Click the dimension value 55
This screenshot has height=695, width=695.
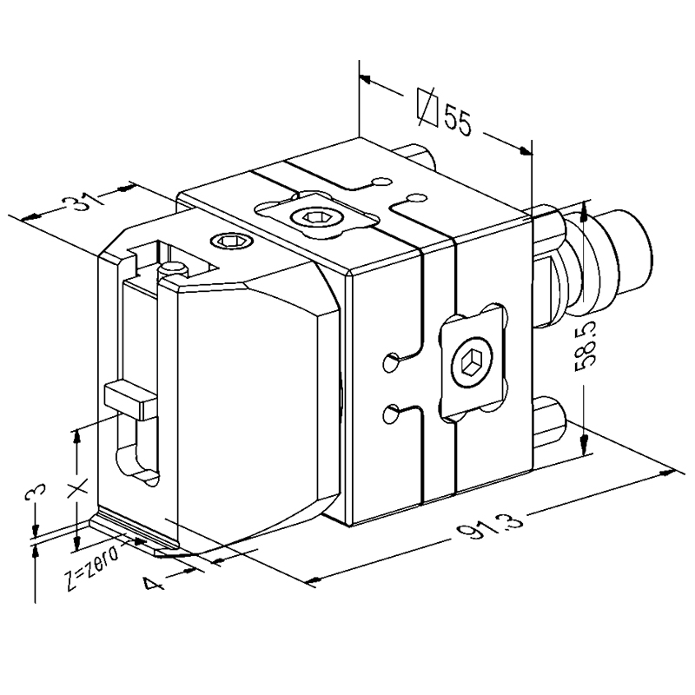(x=458, y=120)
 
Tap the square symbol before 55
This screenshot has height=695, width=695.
(x=427, y=107)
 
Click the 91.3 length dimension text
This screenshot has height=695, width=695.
(x=491, y=526)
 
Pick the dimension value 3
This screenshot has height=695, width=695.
(x=36, y=492)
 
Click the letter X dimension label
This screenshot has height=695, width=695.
(x=77, y=488)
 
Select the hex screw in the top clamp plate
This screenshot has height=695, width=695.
(x=315, y=217)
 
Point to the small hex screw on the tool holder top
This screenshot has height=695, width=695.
(x=232, y=242)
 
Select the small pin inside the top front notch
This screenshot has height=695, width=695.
(x=173, y=268)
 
